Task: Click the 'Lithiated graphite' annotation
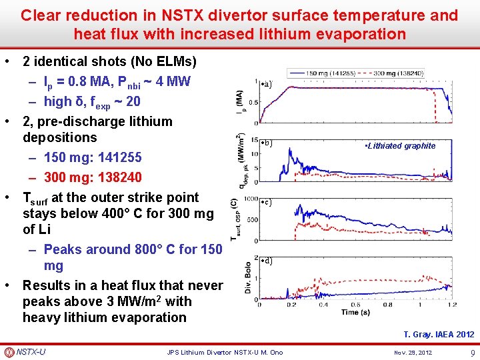point(400,146)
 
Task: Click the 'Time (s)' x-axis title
point(357,312)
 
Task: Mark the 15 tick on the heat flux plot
point(255,140)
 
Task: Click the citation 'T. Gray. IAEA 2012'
point(439,334)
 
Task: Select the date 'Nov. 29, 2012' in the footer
point(413,352)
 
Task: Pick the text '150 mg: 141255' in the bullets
point(93,158)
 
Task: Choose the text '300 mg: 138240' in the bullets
point(93,178)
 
